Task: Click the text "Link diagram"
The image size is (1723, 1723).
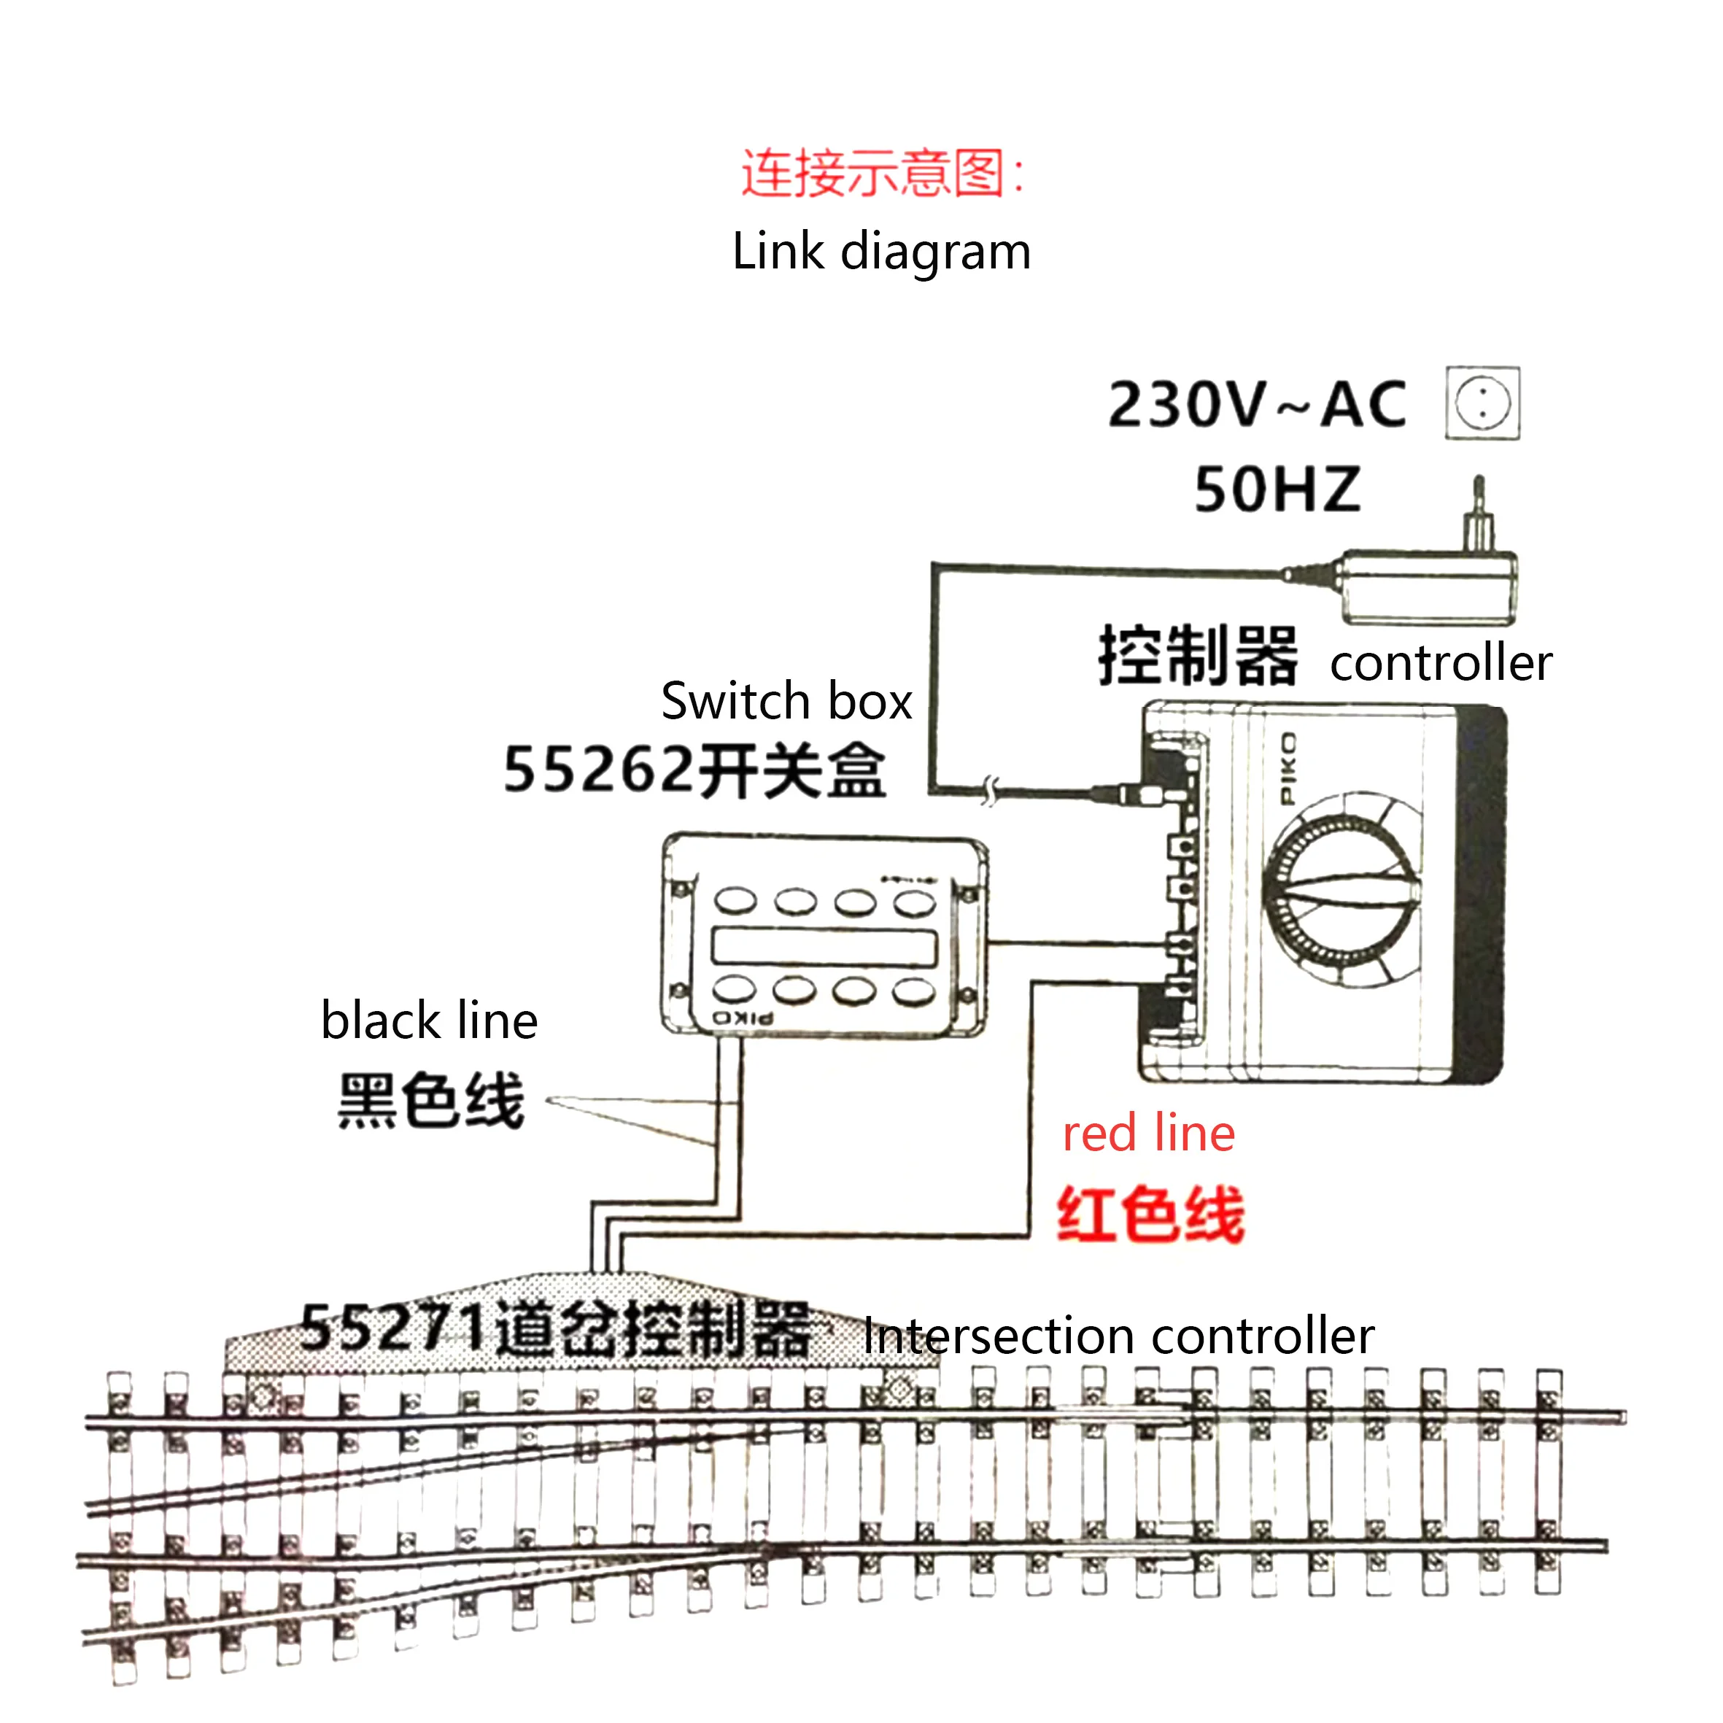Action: pyautogui.click(x=881, y=252)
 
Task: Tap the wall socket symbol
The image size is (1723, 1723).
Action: pyautogui.click(x=1482, y=403)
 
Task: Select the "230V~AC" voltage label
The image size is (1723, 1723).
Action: pyautogui.click(x=1257, y=406)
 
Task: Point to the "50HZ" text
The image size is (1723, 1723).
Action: pyautogui.click(x=1277, y=489)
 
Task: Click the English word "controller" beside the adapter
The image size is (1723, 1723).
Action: pyautogui.click(x=1440, y=664)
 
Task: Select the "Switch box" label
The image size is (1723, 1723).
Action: pyautogui.click(x=786, y=701)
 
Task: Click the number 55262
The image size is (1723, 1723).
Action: pyautogui.click(x=597, y=770)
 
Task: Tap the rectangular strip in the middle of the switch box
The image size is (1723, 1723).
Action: pyautogui.click(x=824, y=946)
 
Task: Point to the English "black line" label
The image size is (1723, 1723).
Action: pyautogui.click(x=429, y=1021)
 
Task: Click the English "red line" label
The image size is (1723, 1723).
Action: pyautogui.click(x=1149, y=1134)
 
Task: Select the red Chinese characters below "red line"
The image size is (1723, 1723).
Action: pyautogui.click(x=1150, y=1214)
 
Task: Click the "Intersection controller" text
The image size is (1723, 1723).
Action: pyautogui.click(x=1118, y=1337)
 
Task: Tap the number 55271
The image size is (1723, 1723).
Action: pyautogui.click(x=392, y=1328)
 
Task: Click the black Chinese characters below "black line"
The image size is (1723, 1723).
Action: pyautogui.click(x=430, y=1101)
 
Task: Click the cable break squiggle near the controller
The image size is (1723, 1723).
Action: pyautogui.click(x=990, y=790)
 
